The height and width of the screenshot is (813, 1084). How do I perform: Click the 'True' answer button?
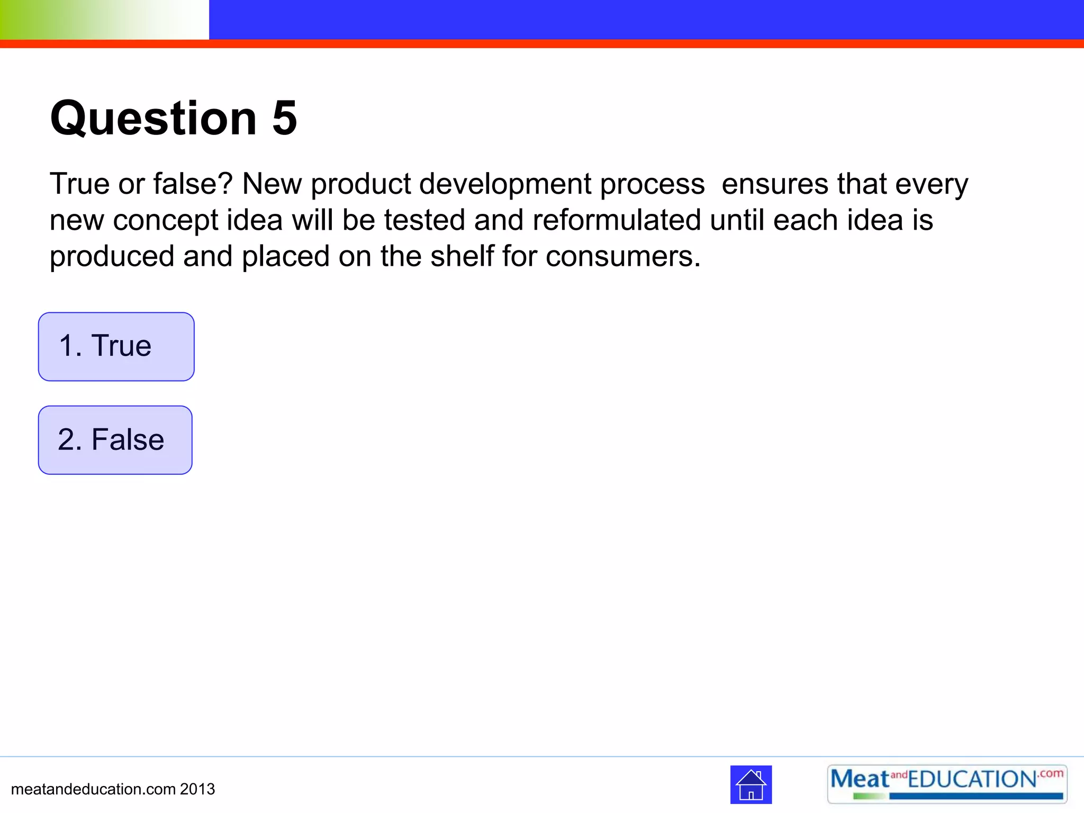[116, 347]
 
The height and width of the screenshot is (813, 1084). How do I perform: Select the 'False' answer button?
[115, 440]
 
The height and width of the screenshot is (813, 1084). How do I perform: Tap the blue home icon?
[751, 784]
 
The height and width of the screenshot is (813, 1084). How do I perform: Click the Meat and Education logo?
[946, 784]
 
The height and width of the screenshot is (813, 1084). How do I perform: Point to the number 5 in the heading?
[284, 118]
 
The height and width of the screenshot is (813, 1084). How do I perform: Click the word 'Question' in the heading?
[153, 118]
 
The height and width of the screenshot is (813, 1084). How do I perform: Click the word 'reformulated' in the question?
[617, 220]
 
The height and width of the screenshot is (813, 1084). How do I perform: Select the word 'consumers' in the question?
[622, 257]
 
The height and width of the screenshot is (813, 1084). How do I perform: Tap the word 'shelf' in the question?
[462, 257]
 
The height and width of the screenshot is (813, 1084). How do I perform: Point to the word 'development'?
[504, 184]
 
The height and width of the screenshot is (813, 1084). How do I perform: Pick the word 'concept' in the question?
[165, 221]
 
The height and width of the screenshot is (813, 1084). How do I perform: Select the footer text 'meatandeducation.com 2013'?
[113, 789]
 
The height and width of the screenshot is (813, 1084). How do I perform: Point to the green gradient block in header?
[104, 20]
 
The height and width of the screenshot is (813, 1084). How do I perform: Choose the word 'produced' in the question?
[112, 257]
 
